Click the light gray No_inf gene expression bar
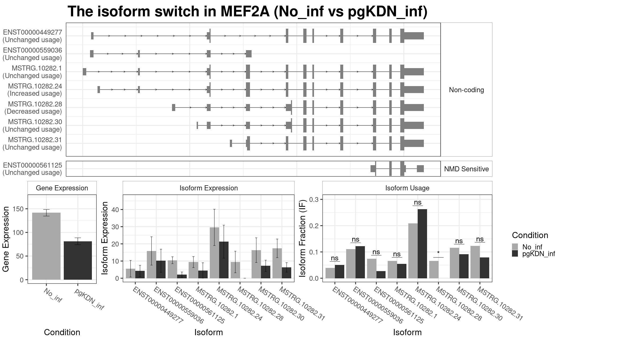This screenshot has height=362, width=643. coord(46,246)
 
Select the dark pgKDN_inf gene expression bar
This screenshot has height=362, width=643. coord(78,260)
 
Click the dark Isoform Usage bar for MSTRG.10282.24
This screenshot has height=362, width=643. coord(422,244)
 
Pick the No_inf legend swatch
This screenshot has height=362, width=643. coord(515,247)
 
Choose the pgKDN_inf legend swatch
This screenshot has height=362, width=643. coord(515,253)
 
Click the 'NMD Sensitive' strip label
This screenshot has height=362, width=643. coord(466,169)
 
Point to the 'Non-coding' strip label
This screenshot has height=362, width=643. coord(466,90)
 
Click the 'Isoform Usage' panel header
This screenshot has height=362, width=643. coord(407,188)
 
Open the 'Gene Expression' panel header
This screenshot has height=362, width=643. coord(62,188)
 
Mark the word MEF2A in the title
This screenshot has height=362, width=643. coord(245,12)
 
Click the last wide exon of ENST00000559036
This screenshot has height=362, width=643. coord(249,54)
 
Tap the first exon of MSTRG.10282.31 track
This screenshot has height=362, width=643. coord(231,143)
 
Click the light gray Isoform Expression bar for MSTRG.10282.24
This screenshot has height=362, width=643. coord(214,253)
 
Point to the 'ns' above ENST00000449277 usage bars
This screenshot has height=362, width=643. coord(335,258)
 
